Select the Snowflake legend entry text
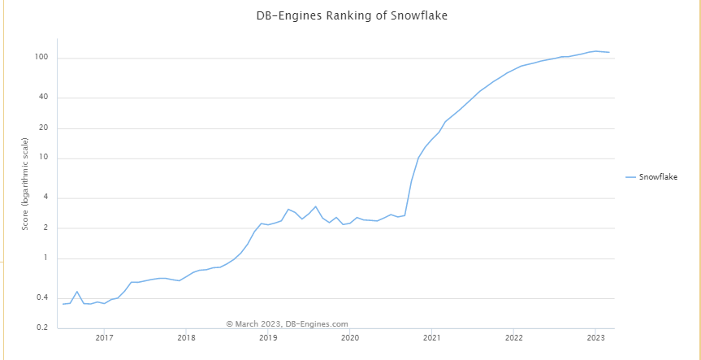(658, 176)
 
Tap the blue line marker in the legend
(630, 176)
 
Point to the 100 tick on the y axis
(42, 58)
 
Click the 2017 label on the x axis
(104, 338)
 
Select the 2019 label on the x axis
(268, 338)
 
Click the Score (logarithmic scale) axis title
(25, 184)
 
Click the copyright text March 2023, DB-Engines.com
(287, 323)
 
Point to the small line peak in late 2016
(77, 292)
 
